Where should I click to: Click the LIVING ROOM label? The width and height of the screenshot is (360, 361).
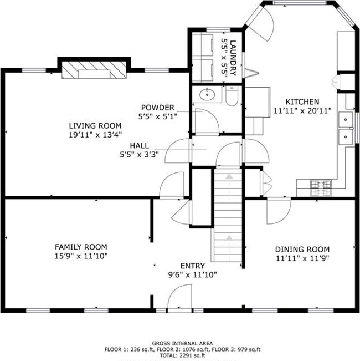[95, 126]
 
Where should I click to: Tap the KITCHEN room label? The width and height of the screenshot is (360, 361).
[302, 102]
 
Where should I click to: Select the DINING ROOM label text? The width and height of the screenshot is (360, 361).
[302, 250]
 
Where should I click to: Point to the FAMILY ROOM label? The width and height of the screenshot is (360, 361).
[81, 247]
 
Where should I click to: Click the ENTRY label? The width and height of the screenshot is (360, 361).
[193, 266]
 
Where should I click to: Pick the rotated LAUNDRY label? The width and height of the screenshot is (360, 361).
[233, 58]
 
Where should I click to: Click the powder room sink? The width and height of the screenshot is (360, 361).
[207, 94]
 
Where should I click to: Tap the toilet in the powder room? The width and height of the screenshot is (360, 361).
[232, 96]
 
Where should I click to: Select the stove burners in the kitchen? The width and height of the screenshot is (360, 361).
[321, 188]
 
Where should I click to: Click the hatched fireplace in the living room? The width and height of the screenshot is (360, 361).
[94, 70]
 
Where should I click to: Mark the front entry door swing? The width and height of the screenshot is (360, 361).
[179, 297]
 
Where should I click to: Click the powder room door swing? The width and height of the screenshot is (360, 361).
[207, 121]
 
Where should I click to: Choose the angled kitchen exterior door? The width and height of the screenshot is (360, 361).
[260, 23]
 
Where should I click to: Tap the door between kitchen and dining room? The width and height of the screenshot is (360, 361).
[279, 210]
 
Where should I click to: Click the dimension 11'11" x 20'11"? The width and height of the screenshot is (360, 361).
[302, 111]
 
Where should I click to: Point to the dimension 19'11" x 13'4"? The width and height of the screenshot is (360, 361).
[95, 135]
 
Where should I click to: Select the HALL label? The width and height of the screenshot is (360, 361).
[140, 145]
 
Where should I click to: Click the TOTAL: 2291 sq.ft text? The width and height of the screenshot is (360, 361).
[182, 355]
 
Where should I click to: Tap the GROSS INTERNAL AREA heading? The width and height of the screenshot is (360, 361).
[182, 343]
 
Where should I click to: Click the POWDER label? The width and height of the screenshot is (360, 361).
[158, 108]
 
